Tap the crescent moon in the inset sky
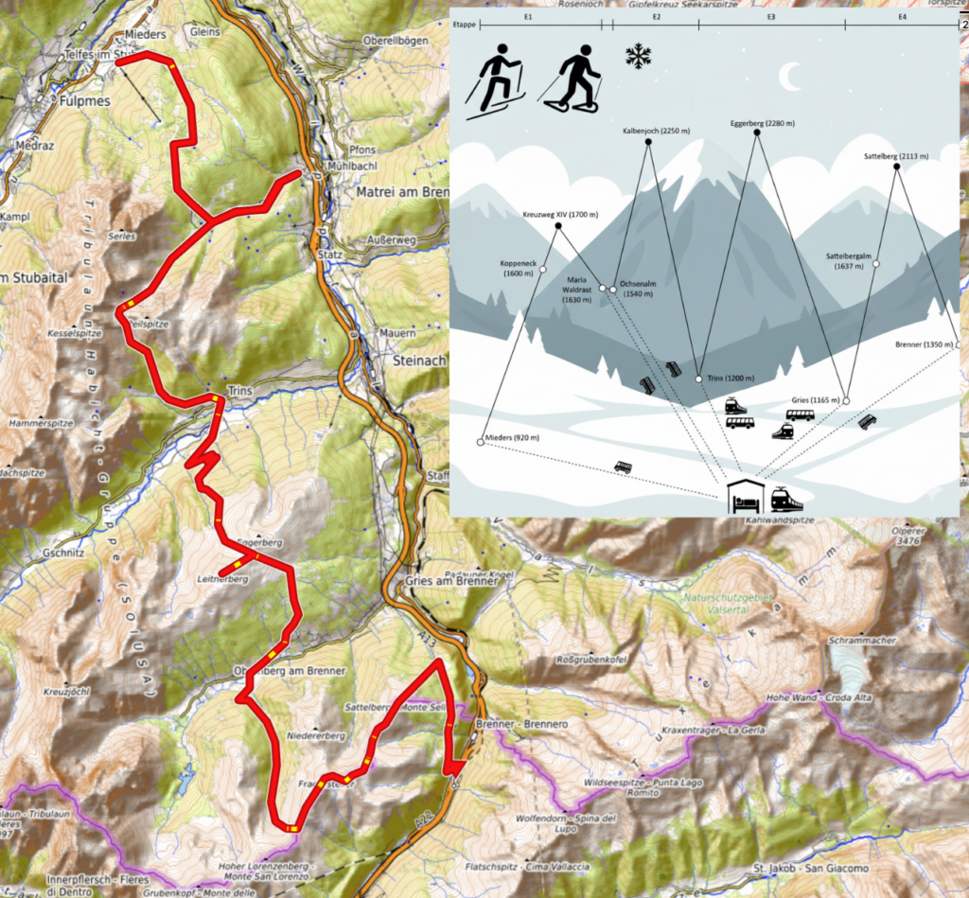(x=789, y=75)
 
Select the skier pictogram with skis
(x=495, y=79)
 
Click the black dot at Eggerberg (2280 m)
(x=757, y=133)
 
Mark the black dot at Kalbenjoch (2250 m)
(x=648, y=142)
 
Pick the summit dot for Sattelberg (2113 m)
(x=896, y=167)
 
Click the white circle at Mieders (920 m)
(x=481, y=443)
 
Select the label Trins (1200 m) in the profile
(x=730, y=379)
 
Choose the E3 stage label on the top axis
(x=771, y=18)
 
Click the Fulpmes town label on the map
(x=85, y=99)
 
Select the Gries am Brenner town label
(x=450, y=581)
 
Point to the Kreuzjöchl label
(x=68, y=691)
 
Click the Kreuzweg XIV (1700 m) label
(x=560, y=215)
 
